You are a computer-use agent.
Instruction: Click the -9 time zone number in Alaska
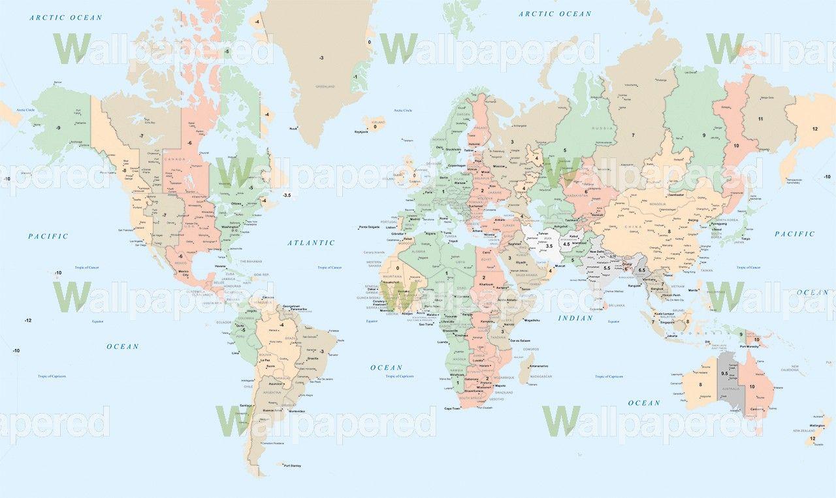(x=58, y=127)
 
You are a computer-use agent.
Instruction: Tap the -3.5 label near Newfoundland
(x=286, y=195)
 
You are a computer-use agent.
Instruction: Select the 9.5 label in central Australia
(x=724, y=373)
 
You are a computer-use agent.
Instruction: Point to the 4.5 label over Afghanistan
(x=566, y=244)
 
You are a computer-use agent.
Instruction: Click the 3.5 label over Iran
(x=549, y=246)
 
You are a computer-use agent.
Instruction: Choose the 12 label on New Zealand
(x=812, y=439)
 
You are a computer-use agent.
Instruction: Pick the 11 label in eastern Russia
(x=760, y=119)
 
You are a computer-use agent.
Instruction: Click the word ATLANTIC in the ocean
(x=311, y=242)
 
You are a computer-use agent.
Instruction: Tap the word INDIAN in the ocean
(x=575, y=318)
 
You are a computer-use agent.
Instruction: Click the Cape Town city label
(x=453, y=408)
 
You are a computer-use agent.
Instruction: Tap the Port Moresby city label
(x=764, y=347)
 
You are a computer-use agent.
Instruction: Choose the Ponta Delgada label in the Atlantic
(x=369, y=227)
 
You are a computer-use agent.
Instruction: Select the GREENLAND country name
(x=325, y=86)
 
